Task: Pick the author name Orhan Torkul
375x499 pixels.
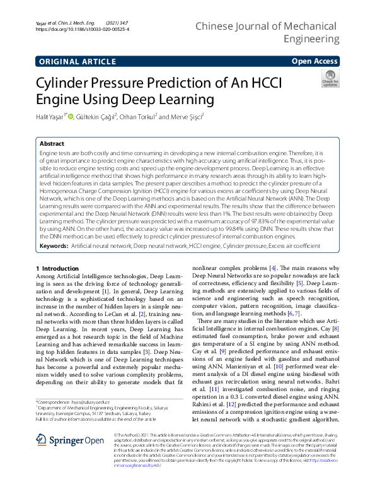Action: pos(137,116)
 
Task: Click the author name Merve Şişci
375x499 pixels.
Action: pos(186,116)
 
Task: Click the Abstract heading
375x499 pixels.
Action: pos(52,143)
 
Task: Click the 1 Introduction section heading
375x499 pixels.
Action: pos(60,267)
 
